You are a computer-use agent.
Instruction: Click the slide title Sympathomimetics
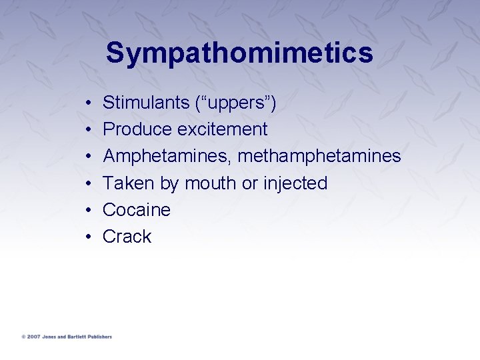(239, 53)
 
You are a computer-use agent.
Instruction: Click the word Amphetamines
(167, 157)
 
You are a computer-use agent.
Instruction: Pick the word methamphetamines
(319, 157)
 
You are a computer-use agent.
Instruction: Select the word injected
(295, 183)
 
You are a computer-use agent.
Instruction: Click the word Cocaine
(137, 210)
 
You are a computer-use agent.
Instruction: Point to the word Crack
(127, 237)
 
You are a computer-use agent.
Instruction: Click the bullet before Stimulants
(89, 104)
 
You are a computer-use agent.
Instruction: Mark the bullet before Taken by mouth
(89, 184)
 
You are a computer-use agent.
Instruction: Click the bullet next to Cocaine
(89, 211)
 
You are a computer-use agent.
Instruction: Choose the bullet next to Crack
(89, 237)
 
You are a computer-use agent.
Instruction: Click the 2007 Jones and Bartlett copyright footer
(67, 337)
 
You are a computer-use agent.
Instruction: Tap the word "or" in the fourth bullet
(250, 184)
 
